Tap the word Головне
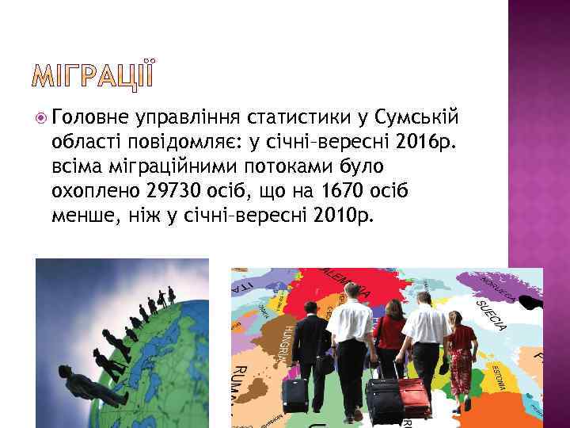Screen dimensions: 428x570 (89, 118)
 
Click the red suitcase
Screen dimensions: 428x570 (413, 396)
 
